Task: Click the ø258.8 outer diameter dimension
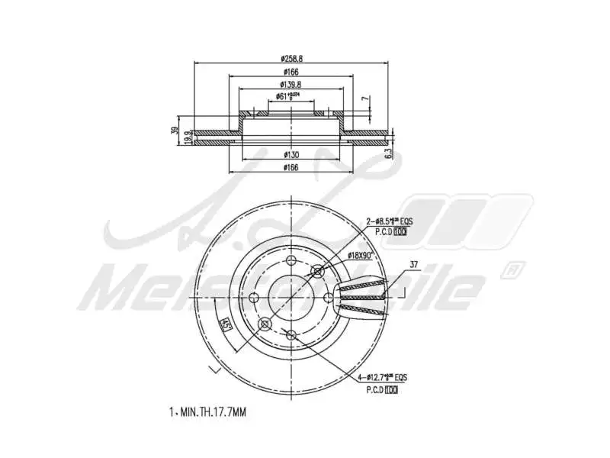pyautogui.click(x=291, y=58)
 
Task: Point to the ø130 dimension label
pyautogui.click(x=291, y=154)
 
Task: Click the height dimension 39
pyautogui.click(x=175, y=132)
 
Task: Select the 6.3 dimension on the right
pyautogui.click(x=388, y=153)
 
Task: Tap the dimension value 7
pyautogui.click(x=365, y=99)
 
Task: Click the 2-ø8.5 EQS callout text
pyautogui.click(x=387, y=221)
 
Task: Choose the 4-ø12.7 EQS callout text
pyautogui.click(x=387, y=378)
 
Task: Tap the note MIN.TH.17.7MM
pyautogui.click(x=207, y=412)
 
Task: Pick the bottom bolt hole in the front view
pyautogui.click(x=291, y=334)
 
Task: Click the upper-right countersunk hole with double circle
pyautogui.click(x=318, y=270)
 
